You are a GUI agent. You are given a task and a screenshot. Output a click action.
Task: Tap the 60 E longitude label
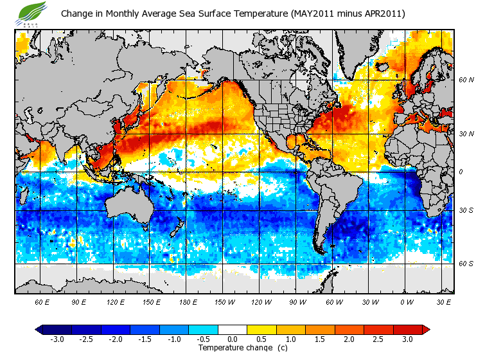click(x=42, y=301)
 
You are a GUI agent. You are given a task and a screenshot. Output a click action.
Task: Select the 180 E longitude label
click(x=188, y=301)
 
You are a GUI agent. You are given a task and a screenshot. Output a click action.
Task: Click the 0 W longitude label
click(x=407, y=301)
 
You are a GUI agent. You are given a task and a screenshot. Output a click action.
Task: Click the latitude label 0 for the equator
click(x=461, y=172)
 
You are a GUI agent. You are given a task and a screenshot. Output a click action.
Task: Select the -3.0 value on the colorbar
click(x=57, y=339)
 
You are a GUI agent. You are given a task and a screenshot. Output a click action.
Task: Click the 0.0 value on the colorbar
click(x=233, y=339)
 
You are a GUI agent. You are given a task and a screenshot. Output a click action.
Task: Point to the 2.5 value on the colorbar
click(x=379, y=339)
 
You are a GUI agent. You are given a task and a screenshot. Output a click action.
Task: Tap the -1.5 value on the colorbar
click(x=145, y=339)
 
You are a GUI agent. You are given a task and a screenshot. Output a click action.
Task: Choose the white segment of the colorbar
click(x=233, y=330)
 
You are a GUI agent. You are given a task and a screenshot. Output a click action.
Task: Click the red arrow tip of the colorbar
click(x=426, y=330)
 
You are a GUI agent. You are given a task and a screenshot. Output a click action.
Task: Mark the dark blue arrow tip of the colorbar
click(x=40, y=330)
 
